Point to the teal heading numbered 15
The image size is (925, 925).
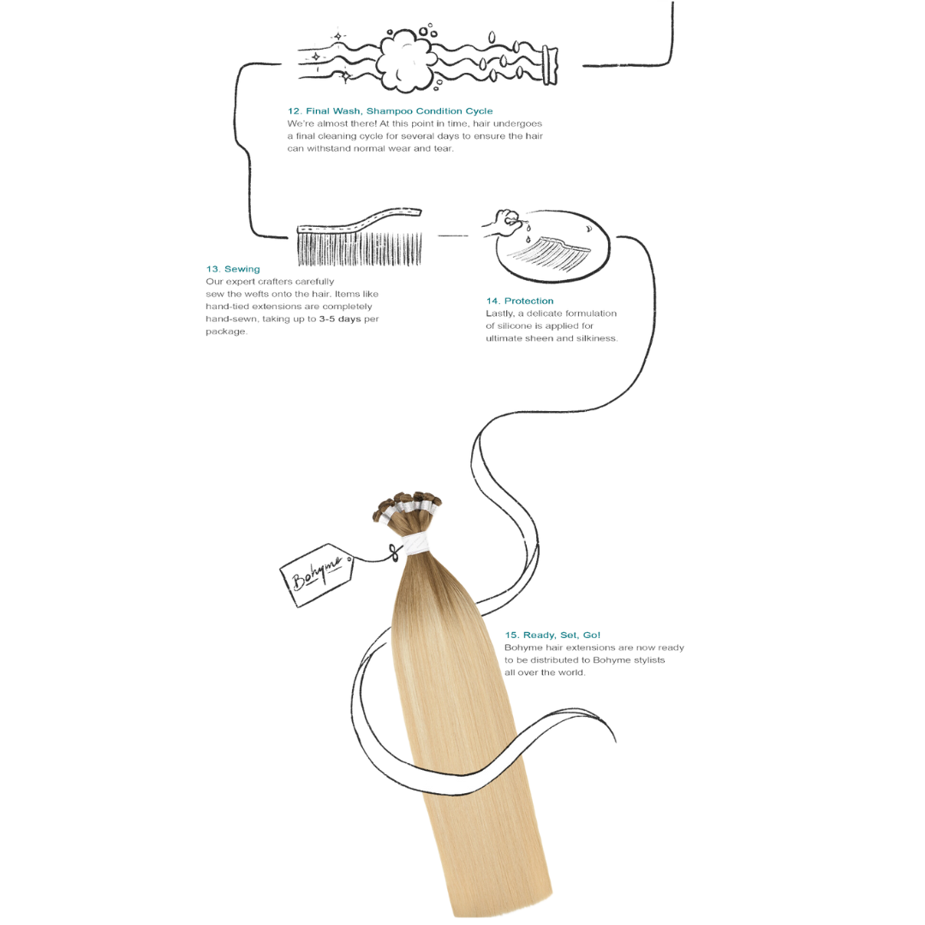(553, 636)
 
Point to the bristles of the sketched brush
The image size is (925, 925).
(360, 249)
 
